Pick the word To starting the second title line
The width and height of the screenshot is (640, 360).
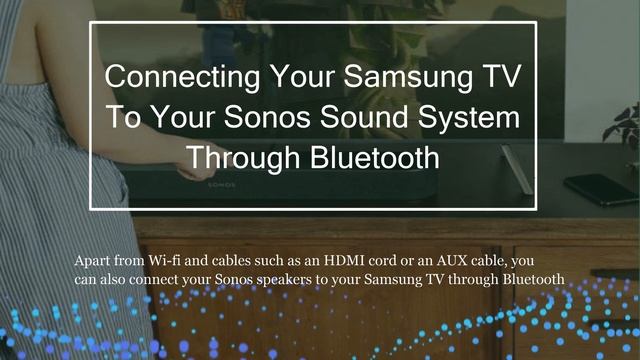pyautogui.click(x=127, y=117)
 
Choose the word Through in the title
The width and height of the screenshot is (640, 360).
pyautogui.click(x=239, y=158)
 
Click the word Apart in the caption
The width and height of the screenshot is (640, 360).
pyautogui.click(x=95, y=262)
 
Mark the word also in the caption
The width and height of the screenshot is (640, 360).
pyautogui.click(x=122, y=279)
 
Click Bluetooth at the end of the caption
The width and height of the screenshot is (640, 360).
pyautogui.click(x=536, y=279)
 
